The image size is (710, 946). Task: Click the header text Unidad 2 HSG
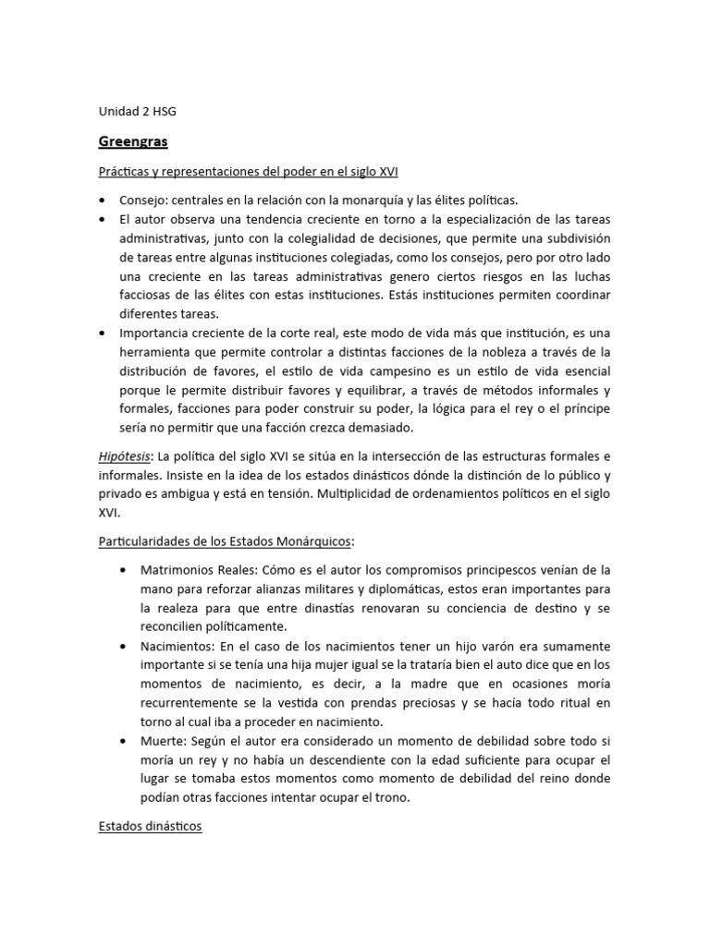tap(137, 112)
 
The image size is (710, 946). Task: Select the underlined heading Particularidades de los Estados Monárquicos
tap(227, 541)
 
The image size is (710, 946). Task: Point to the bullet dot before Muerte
tap(124, 741)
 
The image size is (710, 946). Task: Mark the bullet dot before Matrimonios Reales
tap(124, 569)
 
